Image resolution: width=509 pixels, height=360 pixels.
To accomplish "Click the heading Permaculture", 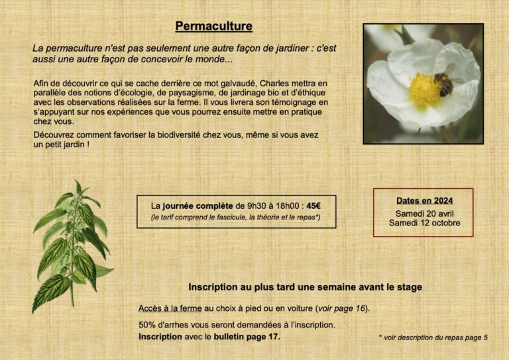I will (x=213, y=27).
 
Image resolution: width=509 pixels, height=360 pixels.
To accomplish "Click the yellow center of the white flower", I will (x=424, y=90).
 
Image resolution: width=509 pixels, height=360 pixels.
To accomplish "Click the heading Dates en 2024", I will (x=424, y=200).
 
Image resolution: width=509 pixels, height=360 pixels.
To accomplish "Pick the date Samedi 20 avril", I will (x=424, y=213).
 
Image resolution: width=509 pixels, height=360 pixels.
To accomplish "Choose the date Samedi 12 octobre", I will (x=424, y=223).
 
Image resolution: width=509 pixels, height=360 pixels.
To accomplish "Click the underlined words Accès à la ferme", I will (x=170, y=308).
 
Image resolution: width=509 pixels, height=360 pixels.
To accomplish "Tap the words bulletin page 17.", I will (x=247, y=336).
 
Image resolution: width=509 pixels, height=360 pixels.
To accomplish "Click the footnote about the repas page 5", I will (x=433, y=337).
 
